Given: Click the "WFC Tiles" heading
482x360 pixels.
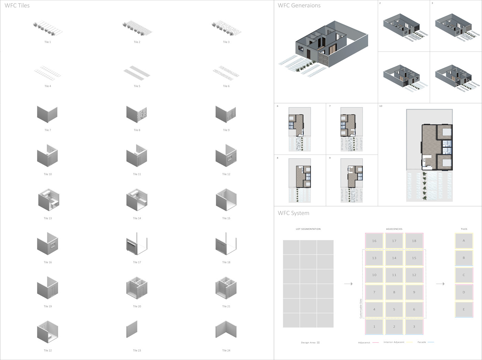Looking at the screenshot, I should point(17,6).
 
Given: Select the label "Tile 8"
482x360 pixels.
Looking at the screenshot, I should point(137,130).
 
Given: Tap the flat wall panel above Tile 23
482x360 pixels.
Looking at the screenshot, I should point(132,329).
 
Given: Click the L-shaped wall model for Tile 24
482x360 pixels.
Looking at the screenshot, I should point(226,329).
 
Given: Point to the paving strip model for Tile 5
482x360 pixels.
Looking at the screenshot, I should point(137,72).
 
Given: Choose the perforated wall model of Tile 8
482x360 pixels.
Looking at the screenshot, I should point(137,114).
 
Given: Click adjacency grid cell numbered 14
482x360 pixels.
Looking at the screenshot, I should point(394,258).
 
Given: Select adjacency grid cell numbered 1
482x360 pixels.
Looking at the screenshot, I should point(374,327).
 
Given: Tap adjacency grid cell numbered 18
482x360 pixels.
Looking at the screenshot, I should point(414,241).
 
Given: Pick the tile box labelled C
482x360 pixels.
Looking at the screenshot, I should point(464,275).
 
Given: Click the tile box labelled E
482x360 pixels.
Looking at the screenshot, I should point(464,309).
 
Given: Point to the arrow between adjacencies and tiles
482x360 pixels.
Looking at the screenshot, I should point(440,284).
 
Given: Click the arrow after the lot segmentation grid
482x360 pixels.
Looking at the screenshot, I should point(348,284).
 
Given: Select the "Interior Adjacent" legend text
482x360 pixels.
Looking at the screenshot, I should point(394,342).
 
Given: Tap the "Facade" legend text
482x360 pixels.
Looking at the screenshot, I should point(422,342).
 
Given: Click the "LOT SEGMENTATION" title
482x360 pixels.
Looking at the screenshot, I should point(308,229).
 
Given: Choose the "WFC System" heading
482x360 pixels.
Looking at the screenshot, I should point(293,213).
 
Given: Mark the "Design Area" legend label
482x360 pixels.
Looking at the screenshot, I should point(308,343).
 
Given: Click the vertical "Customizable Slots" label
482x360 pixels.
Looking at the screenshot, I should point(361,308).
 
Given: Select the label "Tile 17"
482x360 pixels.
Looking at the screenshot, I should point(137,263).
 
